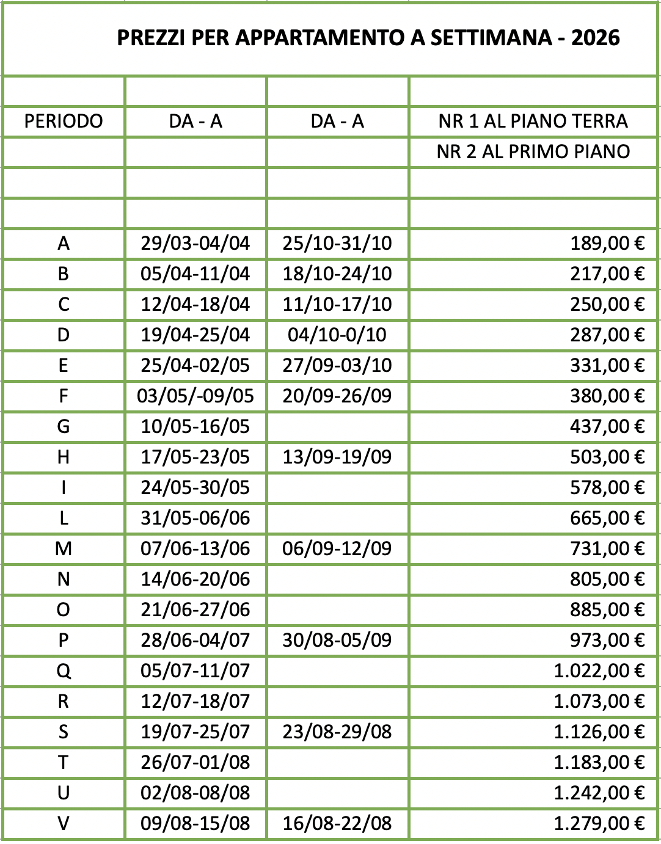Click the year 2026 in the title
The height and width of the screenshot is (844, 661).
596,38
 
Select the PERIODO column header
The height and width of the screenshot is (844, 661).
64,121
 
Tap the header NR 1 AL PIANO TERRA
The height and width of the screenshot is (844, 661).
533,121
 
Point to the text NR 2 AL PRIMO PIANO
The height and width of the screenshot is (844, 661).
533,151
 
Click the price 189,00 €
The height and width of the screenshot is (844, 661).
607,243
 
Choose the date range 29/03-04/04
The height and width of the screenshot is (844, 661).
195,243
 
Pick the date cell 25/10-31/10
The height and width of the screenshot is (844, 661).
337,243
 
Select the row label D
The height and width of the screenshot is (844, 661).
64,335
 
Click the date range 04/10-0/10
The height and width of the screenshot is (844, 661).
337,335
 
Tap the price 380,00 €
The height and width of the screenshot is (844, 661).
607,396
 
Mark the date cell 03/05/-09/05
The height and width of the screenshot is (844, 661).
195,396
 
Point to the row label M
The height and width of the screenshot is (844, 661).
64,548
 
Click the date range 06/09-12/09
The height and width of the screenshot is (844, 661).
337,548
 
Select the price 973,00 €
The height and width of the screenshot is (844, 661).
607,640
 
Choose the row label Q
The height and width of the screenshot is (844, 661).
64,671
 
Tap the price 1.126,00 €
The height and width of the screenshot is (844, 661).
599,732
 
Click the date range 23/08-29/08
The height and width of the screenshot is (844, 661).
337,732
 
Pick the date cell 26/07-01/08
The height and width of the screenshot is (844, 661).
195,762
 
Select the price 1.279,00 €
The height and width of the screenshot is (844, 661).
599,823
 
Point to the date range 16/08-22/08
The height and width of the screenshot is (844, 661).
337,823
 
